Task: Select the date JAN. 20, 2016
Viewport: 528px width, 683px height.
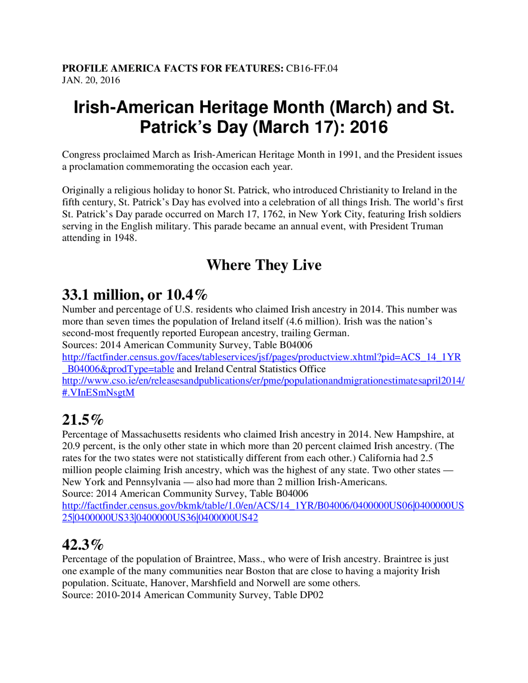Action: click(x=91, y=80)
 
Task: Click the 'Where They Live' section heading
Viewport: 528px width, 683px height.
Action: click(x=264, y=265)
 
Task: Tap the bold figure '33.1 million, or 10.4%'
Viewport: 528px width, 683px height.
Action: click(x=134, y=295)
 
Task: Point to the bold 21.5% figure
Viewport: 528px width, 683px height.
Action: click(x=82, y=420)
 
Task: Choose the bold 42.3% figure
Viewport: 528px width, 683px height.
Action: click(x=82, y=545)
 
